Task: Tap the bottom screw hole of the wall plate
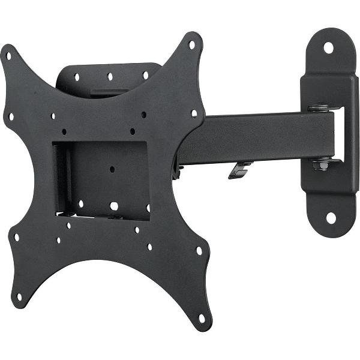click(x=331, y=218)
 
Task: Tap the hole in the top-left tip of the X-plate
click(x=8, y=56)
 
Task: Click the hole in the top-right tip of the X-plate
click(x=192, y=44)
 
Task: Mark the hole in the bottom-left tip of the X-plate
click(x=19, y=296)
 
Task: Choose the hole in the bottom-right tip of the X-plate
click(x=202, y=318)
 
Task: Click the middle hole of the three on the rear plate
click(x=110, y=76)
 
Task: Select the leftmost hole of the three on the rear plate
click(x=77, y=77)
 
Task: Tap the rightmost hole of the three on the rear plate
click(x=145, y=75)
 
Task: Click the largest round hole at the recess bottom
click(x=113, y=206)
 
